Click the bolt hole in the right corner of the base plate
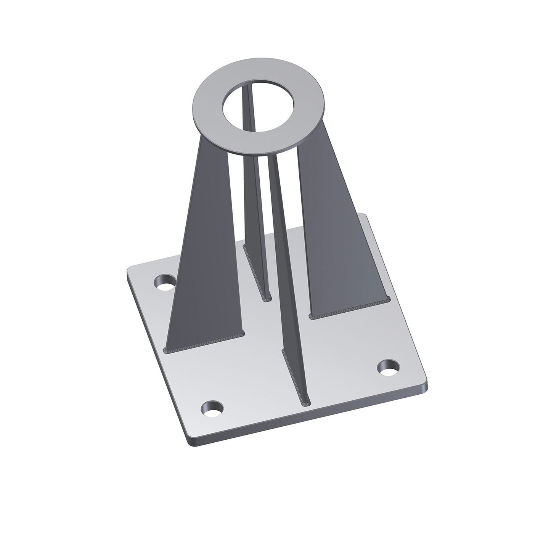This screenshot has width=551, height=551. pyautogui.click(x=389, y=368)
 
